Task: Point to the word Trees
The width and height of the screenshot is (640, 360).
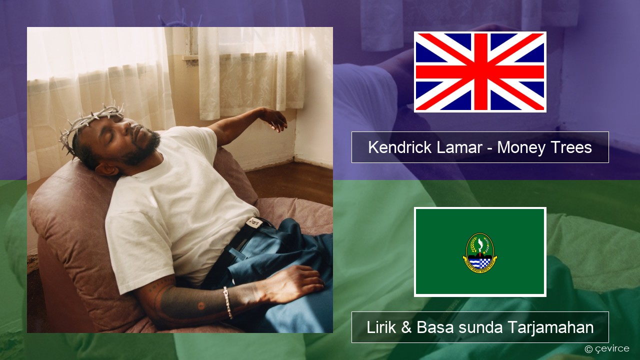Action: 570,147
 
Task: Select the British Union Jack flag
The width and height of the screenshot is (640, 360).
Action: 480,71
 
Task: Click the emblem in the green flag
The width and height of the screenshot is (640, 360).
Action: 480,251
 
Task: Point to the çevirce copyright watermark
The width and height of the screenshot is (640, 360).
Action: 606,348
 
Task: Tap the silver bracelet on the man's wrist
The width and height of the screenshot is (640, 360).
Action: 227,302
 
